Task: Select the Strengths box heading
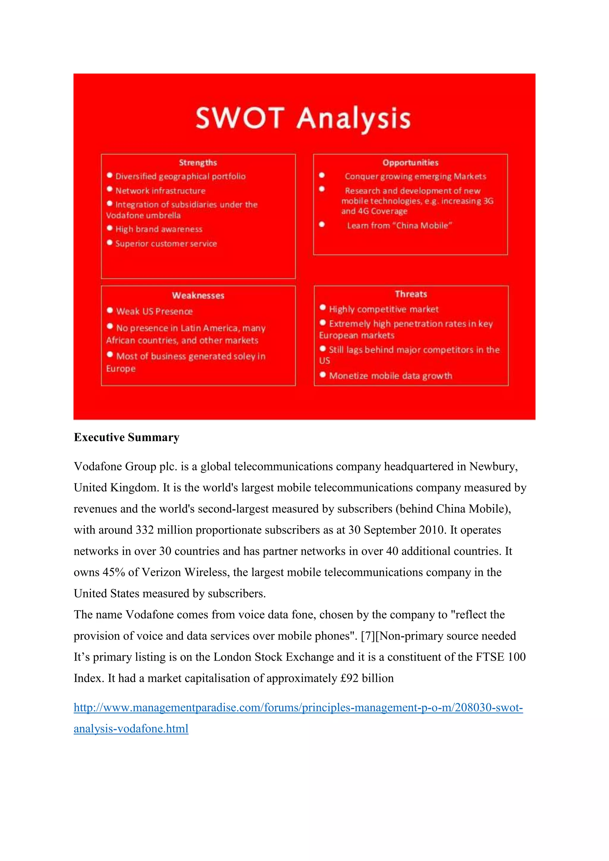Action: click(x=198, y=162)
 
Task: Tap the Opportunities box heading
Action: click(x=410, y=162)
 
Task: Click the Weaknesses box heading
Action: click(x=198, y=296)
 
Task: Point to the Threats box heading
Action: click(x=411, y=294)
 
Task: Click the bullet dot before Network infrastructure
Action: click(x=109, y=189)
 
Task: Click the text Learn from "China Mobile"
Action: click(x=399, y=225)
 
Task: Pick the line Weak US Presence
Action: click(x=154, y=311)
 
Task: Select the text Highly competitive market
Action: click(x=383, y=309)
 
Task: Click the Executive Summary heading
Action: click(x=126, y=437)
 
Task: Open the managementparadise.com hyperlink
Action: click(x=298, y=708)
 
